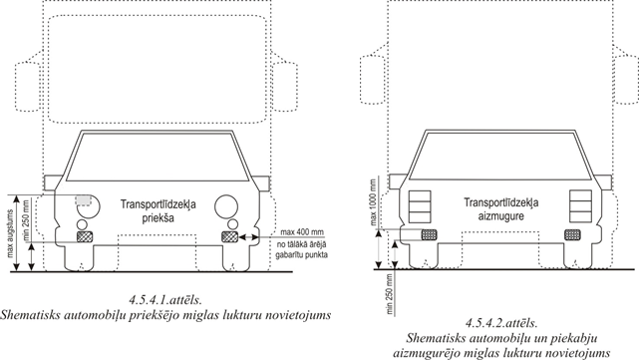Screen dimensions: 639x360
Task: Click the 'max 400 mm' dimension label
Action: (302, 232)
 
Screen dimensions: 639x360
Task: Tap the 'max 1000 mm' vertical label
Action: (373, 201)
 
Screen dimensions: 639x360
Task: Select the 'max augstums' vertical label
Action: (11, 233)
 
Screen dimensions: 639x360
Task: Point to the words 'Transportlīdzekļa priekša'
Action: (159, 210)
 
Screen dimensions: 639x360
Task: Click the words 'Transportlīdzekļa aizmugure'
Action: (501, 209)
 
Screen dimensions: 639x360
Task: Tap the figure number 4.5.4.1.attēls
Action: (165, 300)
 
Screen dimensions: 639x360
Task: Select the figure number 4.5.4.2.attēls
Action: (501, 323)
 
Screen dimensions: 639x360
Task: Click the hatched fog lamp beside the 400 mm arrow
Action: (230, 236)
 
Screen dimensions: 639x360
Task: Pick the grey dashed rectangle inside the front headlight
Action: (83, 200)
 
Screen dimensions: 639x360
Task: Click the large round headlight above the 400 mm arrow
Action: (226, 205)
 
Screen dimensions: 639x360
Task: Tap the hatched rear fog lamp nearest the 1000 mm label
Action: (429, 234)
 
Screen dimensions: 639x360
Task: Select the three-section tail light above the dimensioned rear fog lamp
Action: (420, 206)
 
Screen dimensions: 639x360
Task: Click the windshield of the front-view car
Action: (157, 157)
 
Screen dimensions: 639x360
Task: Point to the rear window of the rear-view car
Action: (500, 157)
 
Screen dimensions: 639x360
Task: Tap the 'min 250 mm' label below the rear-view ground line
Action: (390, 294)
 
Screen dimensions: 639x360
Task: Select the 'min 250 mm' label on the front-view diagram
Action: (26, 220)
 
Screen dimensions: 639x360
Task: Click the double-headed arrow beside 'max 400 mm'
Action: (249, 236)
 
